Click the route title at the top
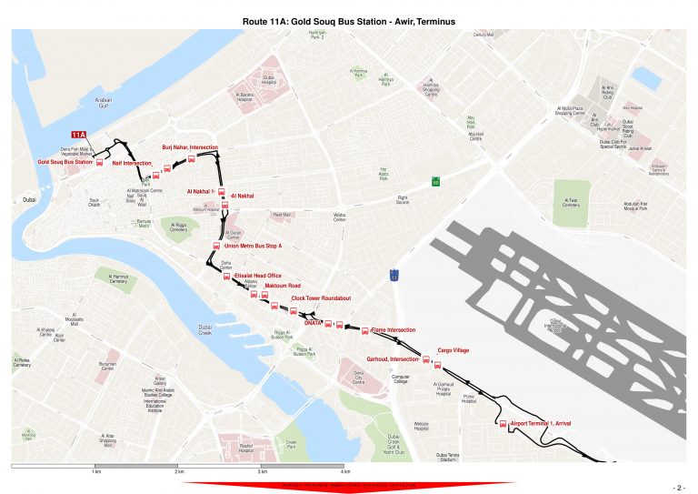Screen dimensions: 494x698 [349, 19]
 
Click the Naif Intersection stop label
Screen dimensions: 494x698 [132, 163]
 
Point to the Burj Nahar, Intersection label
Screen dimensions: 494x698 [189, 146]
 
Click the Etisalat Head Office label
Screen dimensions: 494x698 [258, 275]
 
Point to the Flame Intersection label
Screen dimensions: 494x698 [393, 329]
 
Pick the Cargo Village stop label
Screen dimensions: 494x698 [453, 349]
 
